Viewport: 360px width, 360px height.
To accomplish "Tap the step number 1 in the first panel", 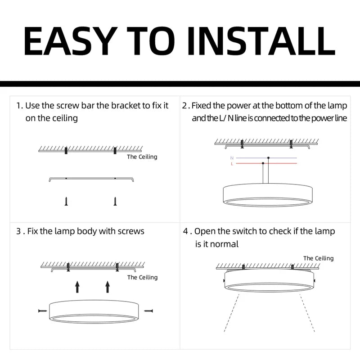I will tap(18, 106).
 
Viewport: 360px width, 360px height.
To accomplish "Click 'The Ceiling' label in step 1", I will tap(142, 157).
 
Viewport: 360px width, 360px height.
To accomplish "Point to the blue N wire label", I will tap(232, 158).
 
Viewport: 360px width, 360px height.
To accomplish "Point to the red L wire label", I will tap(232, 164).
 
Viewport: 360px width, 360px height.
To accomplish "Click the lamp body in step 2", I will tap(267, 194).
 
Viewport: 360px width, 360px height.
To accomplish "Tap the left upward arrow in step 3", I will tap(77, 286).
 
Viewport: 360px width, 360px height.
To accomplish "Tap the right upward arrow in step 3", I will tap(107, 286).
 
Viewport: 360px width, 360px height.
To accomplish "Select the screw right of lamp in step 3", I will tap(148, 310).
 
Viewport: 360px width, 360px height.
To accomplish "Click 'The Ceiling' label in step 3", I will tap(142, 277).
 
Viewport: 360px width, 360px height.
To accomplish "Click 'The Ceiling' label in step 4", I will tap(318, 258).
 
